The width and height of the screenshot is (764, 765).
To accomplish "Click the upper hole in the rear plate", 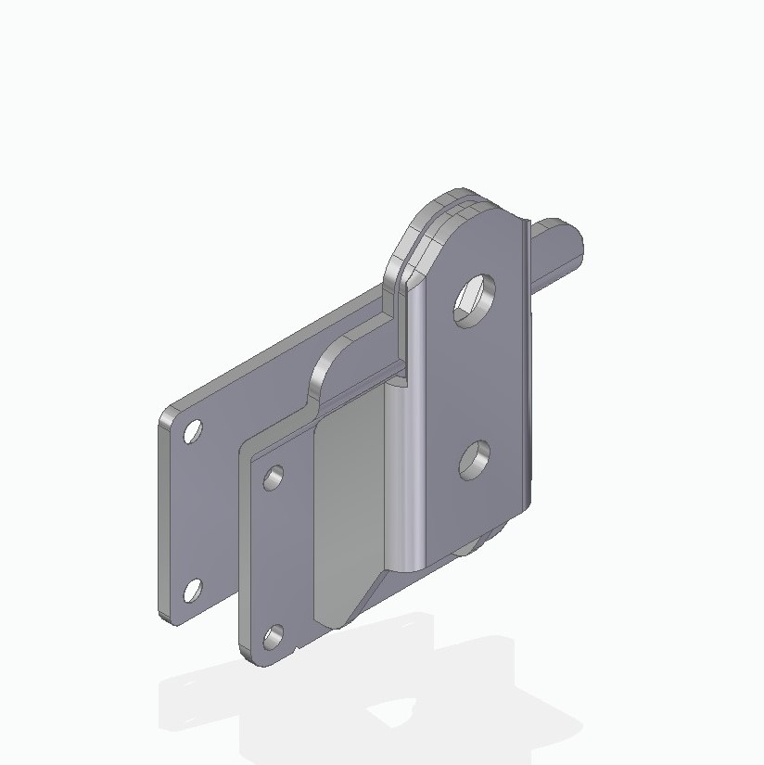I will pos(193,432).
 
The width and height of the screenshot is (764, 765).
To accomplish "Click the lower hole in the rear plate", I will pos(193,590).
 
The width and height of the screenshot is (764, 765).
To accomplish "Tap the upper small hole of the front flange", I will pos(274,478).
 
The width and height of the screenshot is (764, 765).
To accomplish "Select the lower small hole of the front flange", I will pos(274,637).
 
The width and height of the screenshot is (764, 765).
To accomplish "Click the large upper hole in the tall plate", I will pos(475,300).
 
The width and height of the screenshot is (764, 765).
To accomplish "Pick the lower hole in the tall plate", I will pos(475,460).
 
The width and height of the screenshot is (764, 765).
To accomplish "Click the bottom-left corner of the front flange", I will pos(246,654).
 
